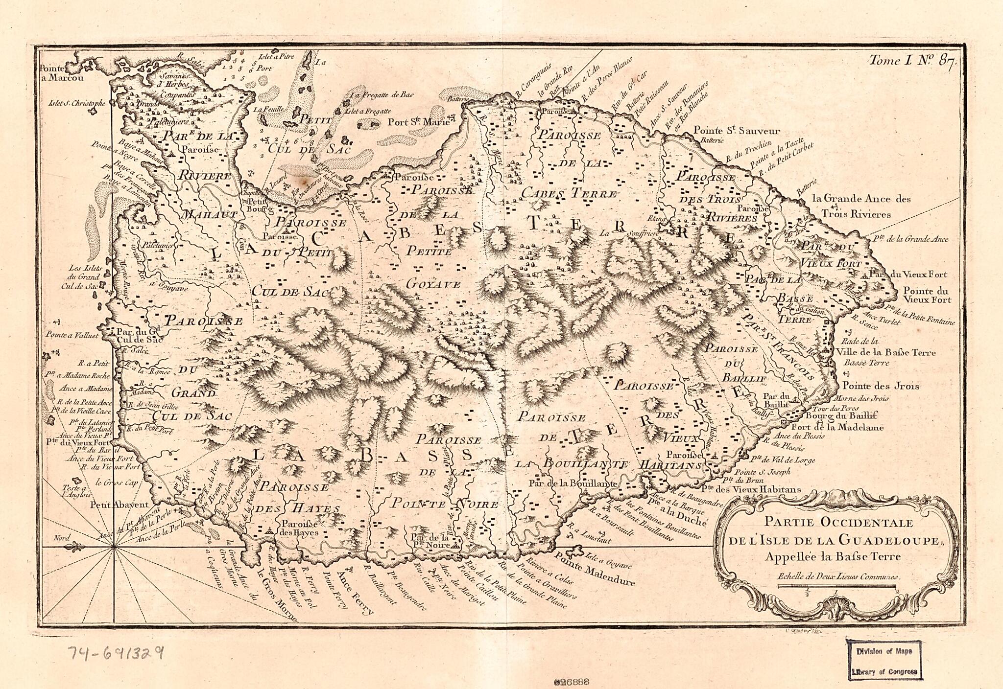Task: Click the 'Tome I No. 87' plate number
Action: click(x=910, y=61)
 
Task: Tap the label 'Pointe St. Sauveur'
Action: click(x=737, y=131)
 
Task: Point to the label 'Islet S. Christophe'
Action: click(x=76, y=103)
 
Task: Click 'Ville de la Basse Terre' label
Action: click(x=886, y=352)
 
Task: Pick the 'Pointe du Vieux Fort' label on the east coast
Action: click(x=926, y=295)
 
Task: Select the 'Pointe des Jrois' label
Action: click(x=880, y=386)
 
